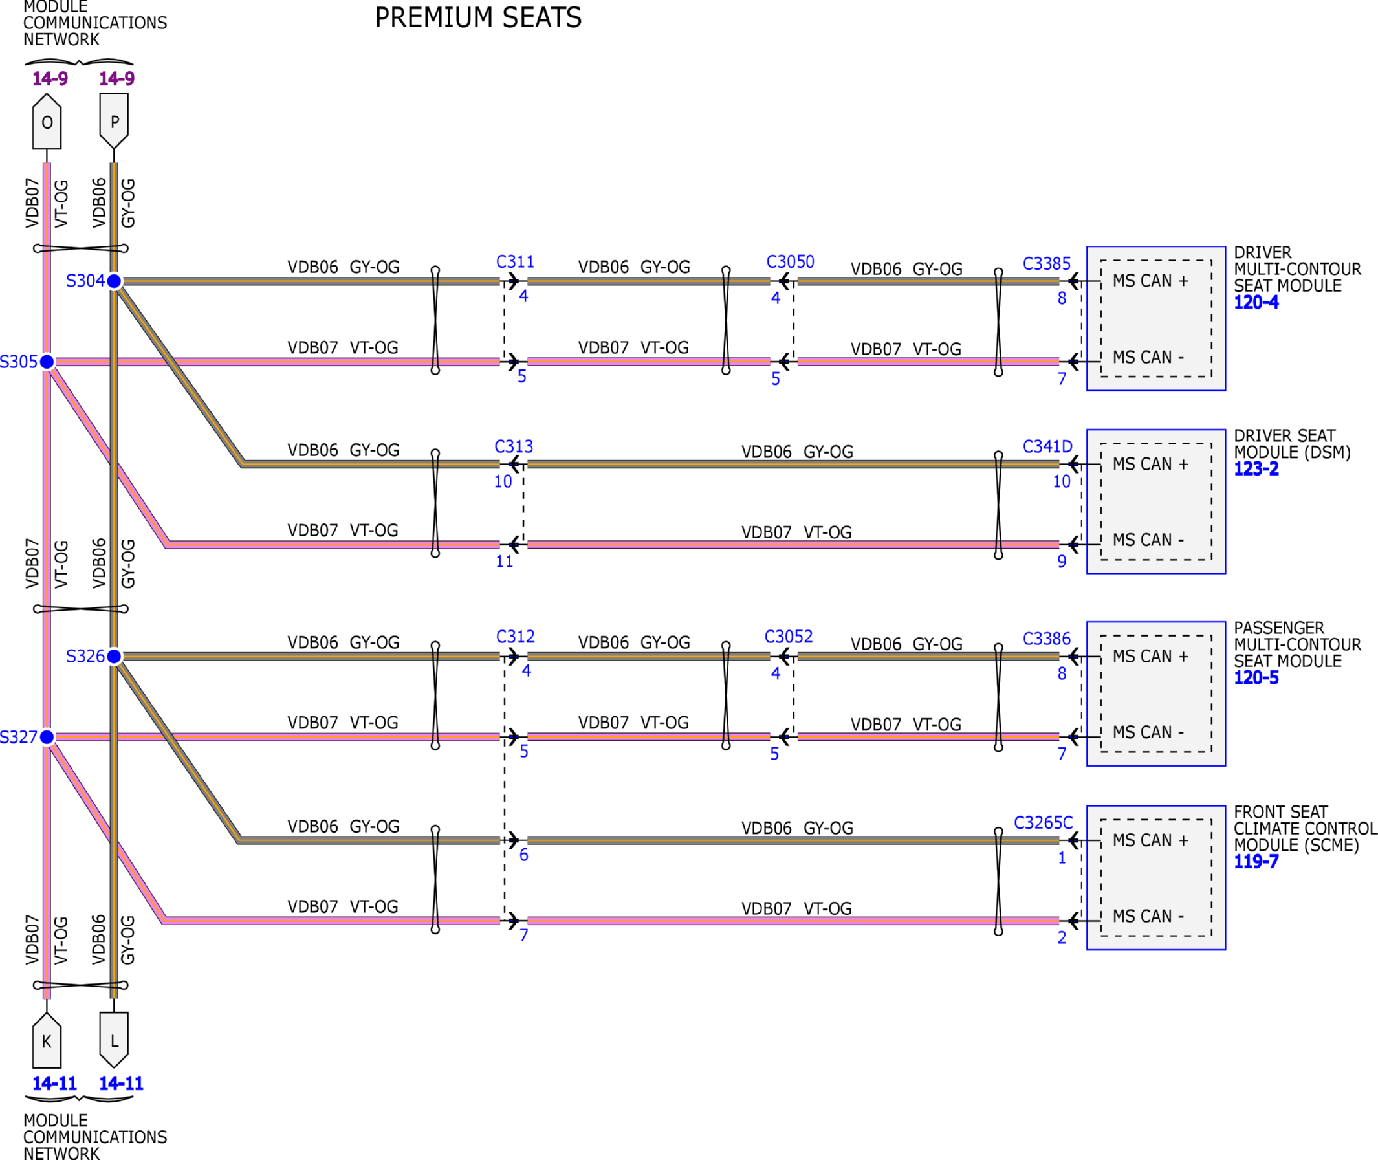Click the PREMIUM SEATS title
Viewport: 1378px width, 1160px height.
pos(478,17)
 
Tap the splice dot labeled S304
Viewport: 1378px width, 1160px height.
pos(114,281)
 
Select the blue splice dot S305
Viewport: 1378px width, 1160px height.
pos(47,362)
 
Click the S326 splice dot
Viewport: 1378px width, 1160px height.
pos(114,656)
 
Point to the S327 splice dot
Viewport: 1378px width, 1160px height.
pos(47,737)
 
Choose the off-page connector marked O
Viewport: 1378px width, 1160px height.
pos(47,122)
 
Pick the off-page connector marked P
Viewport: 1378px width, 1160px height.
pos(114,122)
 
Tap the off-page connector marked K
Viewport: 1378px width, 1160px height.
pos(47,1041)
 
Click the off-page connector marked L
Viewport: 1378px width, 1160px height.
pos(114,1040)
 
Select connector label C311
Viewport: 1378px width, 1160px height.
pos(515,263)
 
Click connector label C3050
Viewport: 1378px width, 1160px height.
pos(790,263)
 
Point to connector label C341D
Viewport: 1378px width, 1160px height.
pos(1047,447)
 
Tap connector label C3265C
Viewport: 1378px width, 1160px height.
pos(1044,824)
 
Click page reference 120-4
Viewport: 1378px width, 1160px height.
pos(1256,303)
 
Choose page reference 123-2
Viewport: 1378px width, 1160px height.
pos(1256,469)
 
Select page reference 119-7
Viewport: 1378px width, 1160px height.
pos(1256,862)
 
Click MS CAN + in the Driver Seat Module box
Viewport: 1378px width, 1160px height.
pos(1150,465)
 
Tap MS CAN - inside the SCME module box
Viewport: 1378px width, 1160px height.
pos(1148,916)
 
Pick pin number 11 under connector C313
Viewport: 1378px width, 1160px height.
pos(504,562)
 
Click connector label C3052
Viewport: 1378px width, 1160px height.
pos(788,637)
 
